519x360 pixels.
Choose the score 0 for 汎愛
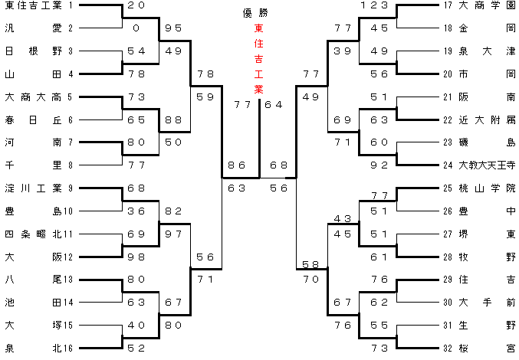pos(136,28)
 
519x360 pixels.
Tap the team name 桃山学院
pos(486,188)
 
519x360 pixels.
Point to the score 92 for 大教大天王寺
pos(379,164)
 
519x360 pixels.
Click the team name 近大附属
pos(486,119)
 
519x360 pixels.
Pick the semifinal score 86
pos(236,165)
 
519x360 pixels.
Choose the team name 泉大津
pos(486,51)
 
